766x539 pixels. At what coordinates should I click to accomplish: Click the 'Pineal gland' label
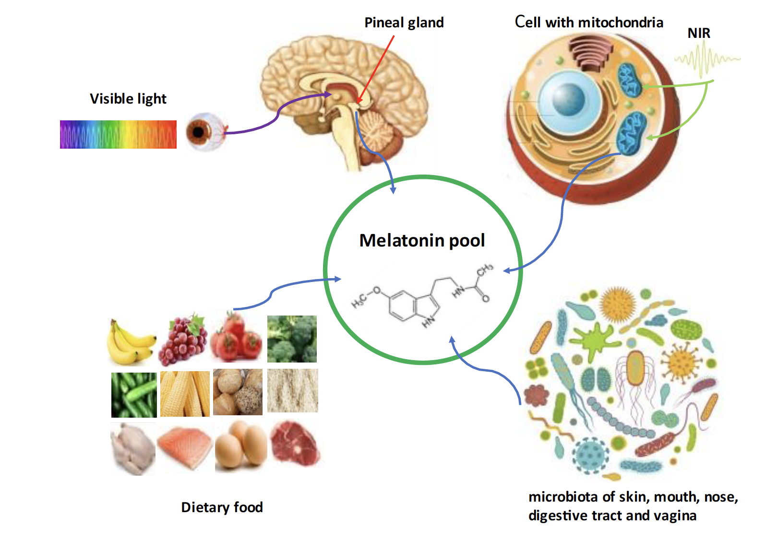404,23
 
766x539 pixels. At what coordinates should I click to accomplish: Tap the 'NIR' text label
699,34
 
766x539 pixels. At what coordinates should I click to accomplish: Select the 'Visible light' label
128,99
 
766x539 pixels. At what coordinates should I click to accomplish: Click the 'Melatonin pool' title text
422,240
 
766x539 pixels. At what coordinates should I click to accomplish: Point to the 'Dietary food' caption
222,507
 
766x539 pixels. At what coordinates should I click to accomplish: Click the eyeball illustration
206,132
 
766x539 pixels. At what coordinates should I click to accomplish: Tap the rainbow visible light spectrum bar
119,134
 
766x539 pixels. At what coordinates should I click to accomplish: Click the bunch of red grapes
183,339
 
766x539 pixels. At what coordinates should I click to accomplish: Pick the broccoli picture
292,339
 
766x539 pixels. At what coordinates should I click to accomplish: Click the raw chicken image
132,449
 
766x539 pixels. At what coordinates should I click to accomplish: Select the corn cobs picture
185,394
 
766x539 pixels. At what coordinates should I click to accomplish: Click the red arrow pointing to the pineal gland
375,70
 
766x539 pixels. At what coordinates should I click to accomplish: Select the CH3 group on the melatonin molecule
485,269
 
